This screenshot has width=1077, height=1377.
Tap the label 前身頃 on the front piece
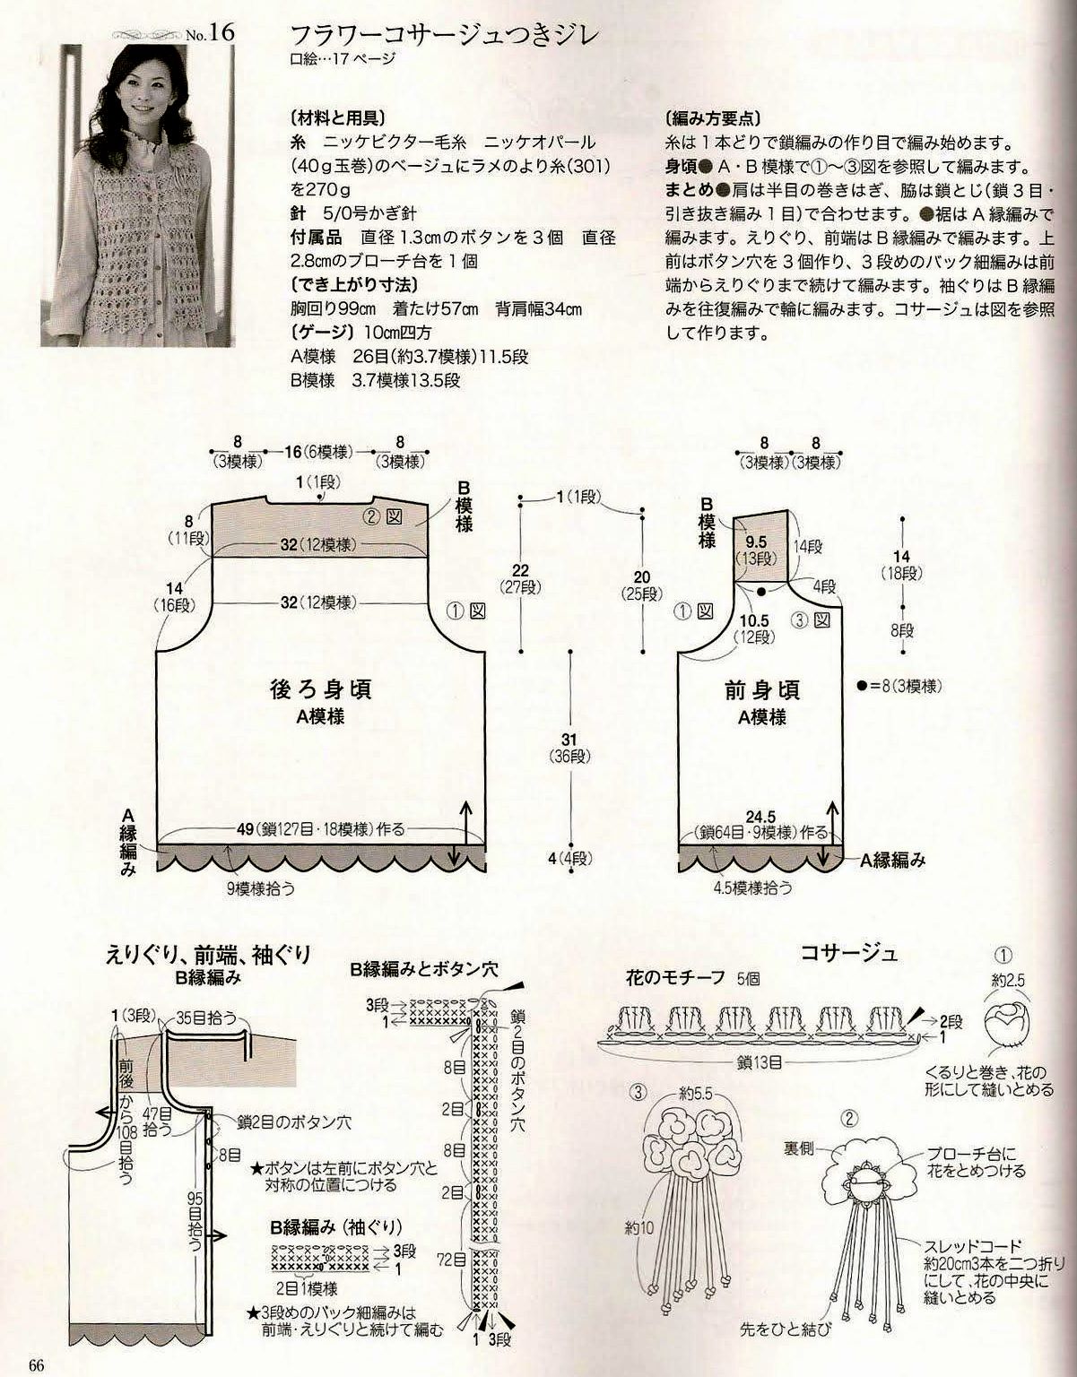click(762, 691)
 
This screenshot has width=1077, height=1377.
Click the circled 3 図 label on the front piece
click(811, 619)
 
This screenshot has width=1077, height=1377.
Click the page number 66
click(37, 1365)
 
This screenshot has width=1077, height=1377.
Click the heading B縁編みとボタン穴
click(423, 970)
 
